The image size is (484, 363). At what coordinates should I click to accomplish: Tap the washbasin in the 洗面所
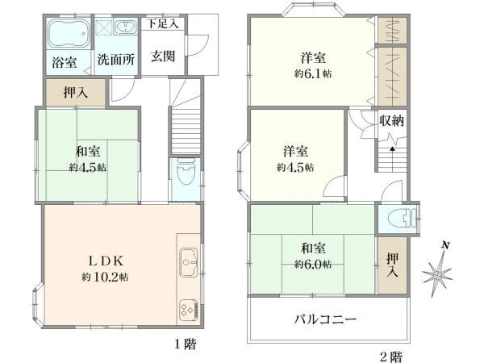click(126, 27)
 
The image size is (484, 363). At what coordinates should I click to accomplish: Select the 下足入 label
click(163, 23)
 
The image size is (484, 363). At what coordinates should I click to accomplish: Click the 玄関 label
click(163, 56)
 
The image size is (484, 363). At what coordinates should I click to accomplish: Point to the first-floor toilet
click(186, 171)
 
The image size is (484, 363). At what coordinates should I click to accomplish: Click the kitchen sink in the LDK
click(188, 262)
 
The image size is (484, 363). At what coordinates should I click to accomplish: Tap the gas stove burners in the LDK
click(188, 311)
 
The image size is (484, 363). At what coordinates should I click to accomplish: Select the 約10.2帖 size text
click(105, 277)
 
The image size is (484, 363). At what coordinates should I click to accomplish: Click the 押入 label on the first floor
click(75, 92)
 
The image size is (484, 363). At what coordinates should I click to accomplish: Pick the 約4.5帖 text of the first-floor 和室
click(88, 167)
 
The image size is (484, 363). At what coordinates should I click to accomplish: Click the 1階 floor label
click(186, 344)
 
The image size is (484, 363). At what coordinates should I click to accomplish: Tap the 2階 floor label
click(391, 357)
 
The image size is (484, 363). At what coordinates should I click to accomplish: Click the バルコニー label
click(325, 319)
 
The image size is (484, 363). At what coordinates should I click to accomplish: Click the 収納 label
click(391, 120)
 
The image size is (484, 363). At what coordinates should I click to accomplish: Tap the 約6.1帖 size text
click(313, 73)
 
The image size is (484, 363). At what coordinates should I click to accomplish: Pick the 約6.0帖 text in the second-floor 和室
click(313, 265)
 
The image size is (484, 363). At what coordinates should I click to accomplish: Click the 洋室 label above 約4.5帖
click(295, 152)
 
